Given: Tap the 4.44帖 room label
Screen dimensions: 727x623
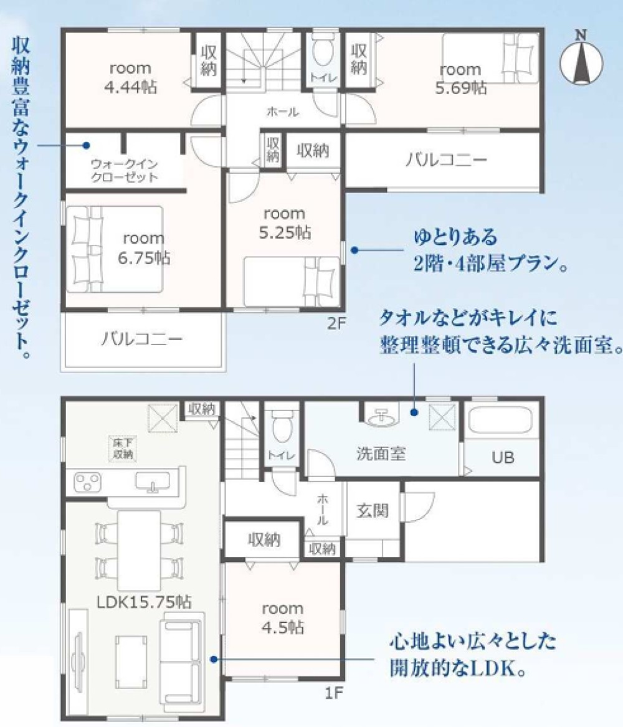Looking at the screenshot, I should click(x=130, y=77).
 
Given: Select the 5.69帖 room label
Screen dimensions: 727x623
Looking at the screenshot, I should click(x=460, y=78).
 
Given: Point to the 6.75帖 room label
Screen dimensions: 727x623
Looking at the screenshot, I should click(x=143, y=248).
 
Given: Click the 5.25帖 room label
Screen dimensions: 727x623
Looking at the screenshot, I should click(x=284, y=224).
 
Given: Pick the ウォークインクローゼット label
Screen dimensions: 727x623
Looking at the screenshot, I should click(x=124, y=170).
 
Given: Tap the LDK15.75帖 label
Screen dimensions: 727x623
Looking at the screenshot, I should click(x=143, y=602).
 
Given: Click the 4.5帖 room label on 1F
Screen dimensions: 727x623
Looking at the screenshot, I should click(x=282, y=618).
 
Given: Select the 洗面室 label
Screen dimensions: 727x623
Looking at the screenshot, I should click(x=381, y=453).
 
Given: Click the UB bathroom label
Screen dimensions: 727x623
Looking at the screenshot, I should click(x=503, y=458).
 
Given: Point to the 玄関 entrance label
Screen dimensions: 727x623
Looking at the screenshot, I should click(x=373, y=510).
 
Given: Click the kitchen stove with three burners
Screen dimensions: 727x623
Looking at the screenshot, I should click(x=89, y=482).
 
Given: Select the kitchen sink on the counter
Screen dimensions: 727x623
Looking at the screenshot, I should click(x=151, y=482).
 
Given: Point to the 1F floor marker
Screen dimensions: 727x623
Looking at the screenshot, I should click(x=331, y=691).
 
